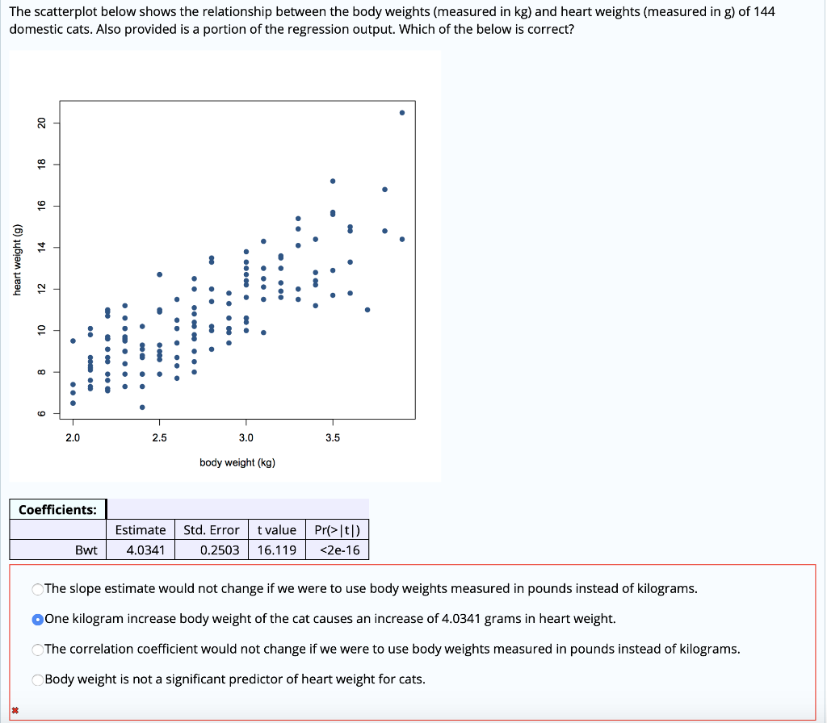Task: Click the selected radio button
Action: click(x=37, y=619)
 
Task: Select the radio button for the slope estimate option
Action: click(x=37, y=589)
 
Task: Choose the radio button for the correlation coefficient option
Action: click(x=37, y=650)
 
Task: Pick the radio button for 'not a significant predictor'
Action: click(x=37, y=679)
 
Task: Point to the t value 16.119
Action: click(x=276, y=550)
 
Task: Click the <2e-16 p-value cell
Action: click(x=340, y=550)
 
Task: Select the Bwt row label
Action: click(x=86, y=550)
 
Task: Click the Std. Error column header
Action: click(x=212, y=530)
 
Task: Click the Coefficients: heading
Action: click(x=57, y=509)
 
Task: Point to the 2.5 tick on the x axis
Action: click(x=159, y=438)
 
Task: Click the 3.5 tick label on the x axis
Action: click(x=333, y=438)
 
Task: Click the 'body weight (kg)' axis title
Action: click(x=237, y=462)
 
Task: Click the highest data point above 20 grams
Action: click(x=402, y=112)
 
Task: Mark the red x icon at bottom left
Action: click(x=15, y=710)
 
